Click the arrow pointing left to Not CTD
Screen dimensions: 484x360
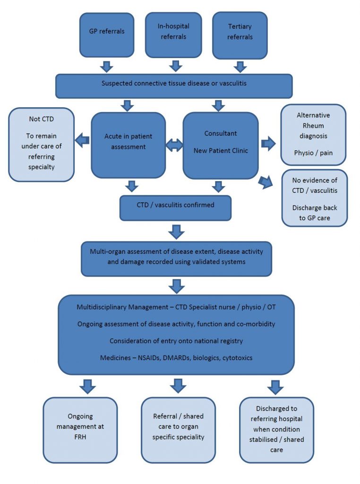(x=84, y=140)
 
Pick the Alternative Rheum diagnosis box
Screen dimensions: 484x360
(x=313, y=135)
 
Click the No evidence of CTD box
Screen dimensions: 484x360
(x=314, y=199)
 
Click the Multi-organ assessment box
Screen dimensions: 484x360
(x=176, y=257)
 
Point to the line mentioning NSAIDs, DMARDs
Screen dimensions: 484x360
(x=176, y=357)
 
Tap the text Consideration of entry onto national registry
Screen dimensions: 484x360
(x=176, y=341)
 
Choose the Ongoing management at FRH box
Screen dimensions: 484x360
(x=80, y=429)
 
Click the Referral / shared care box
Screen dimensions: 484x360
(x=178, y=429)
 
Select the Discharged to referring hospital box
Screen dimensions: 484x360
(x=276, y=429)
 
